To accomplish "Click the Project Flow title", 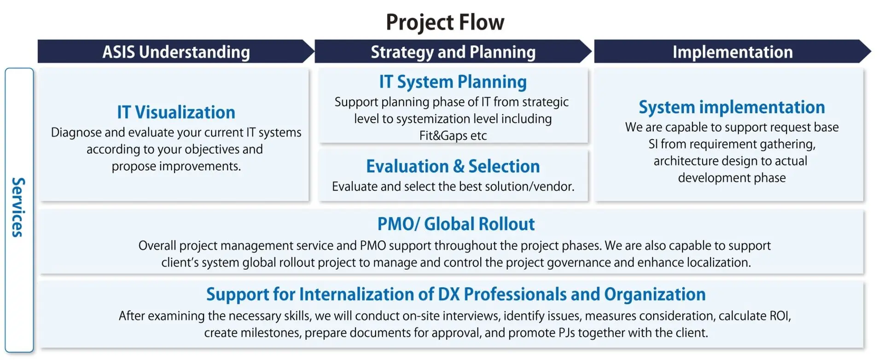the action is coord(445,22).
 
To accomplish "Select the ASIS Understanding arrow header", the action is coord(176,51).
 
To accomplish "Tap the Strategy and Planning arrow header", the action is coord(453,51).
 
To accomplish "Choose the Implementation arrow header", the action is coord(733,51).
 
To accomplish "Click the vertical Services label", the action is coord(18,207).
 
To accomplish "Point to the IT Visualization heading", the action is coord(176,112).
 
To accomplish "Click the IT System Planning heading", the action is coord(453,82).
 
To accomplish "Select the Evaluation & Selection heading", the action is coord(453,166).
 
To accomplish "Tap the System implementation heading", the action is coord(732,107).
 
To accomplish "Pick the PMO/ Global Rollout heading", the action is coord(456,224).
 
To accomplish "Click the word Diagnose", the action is coord(76,133).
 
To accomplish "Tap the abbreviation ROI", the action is coord(780,316).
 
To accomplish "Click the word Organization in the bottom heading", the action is coord(655,295).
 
